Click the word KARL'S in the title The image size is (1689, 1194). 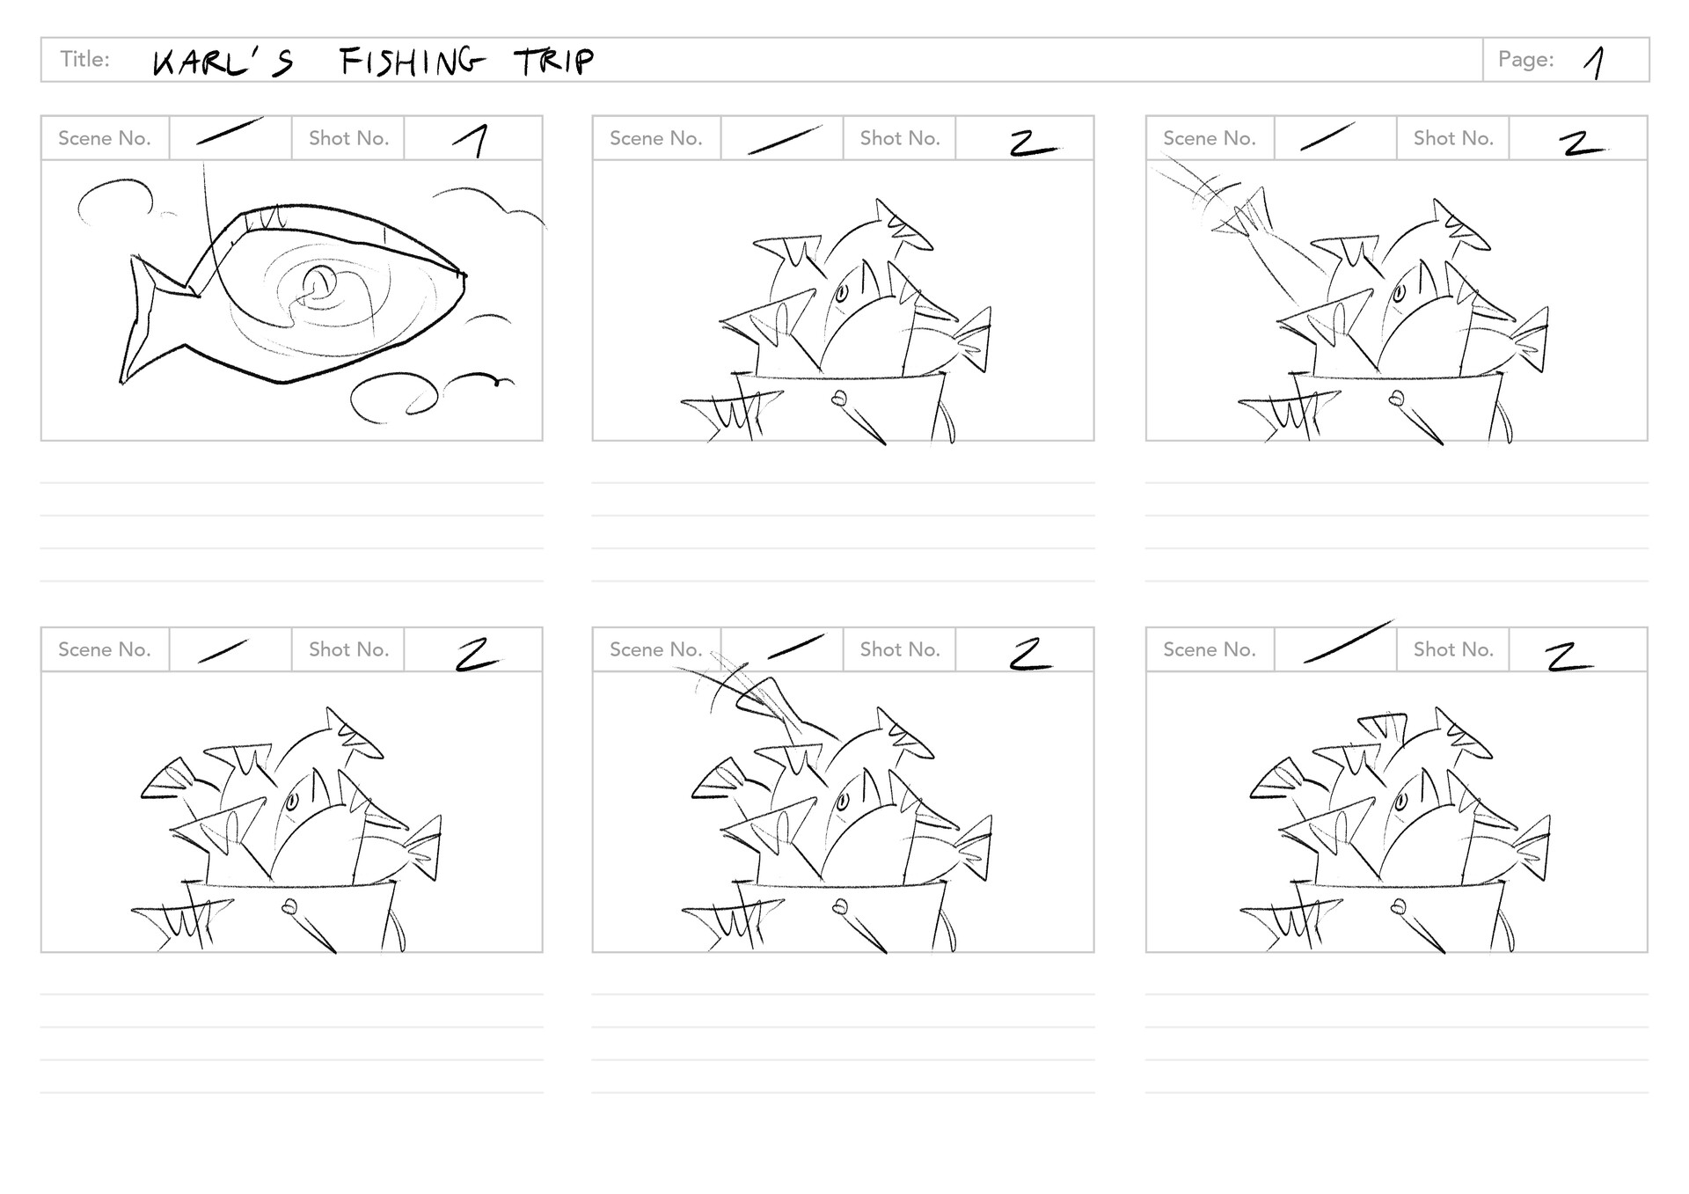click(x=223, y=62)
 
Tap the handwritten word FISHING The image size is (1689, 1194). click(x=412, y=61)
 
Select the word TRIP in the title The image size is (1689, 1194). click(x=554, y=61)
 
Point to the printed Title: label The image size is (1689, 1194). click(x=84, y=59)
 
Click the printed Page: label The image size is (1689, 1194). click(x=1525, y=59)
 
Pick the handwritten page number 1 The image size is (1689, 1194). click(x=1595, y=62)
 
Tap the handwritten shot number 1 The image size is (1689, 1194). click(x=472, y=140)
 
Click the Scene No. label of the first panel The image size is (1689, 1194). click(x=104, y=138)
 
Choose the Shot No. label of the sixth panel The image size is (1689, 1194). click(x=1453, y=649)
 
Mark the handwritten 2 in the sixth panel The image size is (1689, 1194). click(x=1568, y=656)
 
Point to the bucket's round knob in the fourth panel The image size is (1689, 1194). click(x=288, y=906)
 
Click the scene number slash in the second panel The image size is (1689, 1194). click(x=785, y=139)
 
